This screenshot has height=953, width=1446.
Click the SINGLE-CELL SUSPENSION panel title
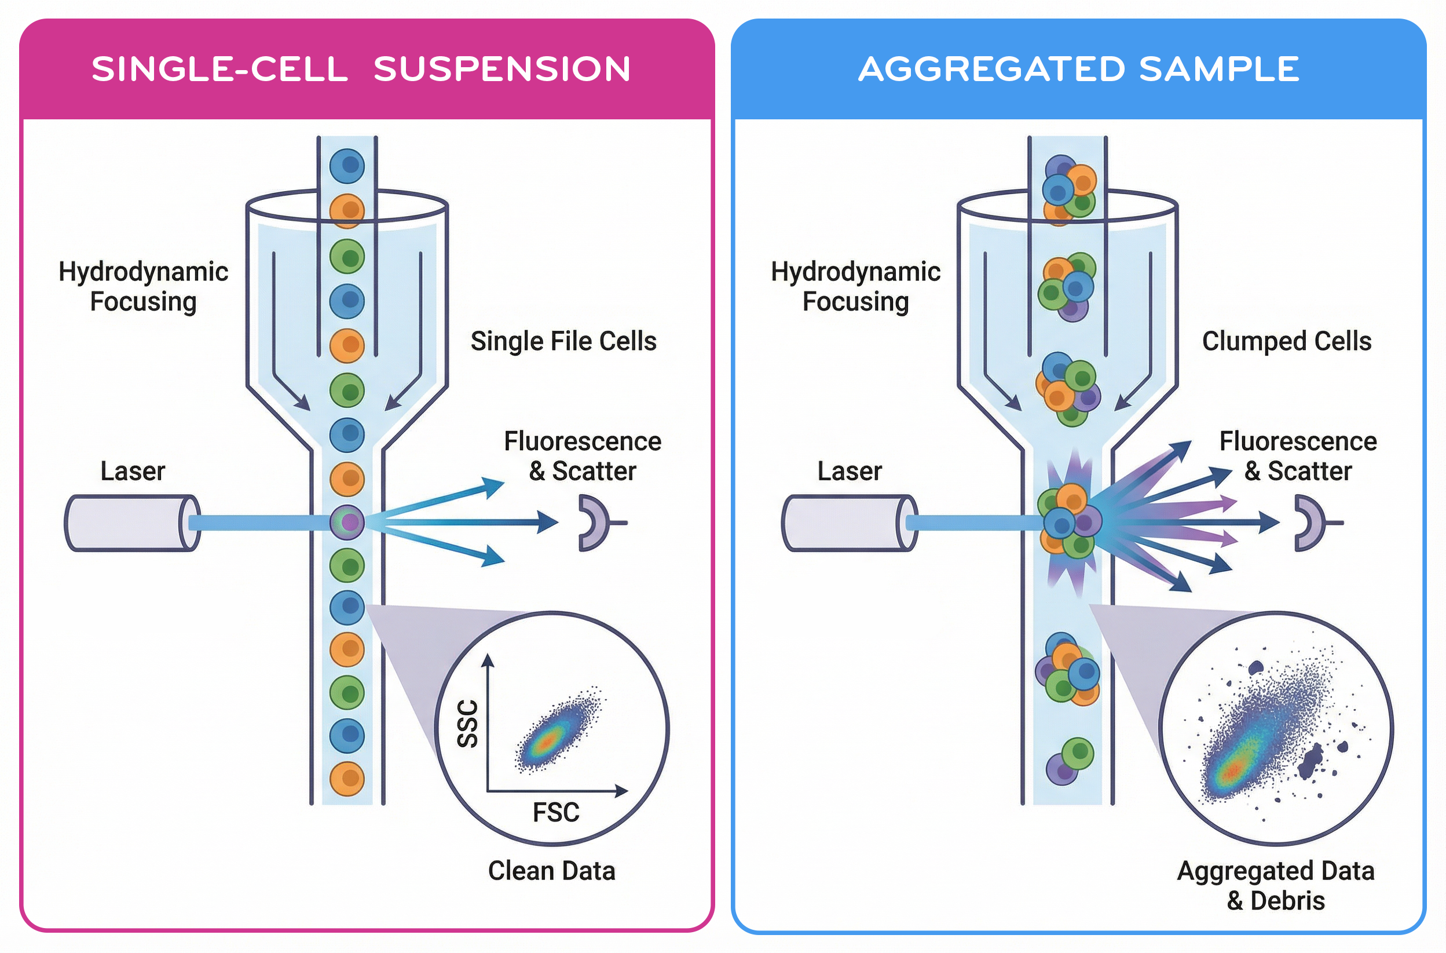[x=361, y=68]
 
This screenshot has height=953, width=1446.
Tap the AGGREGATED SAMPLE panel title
[x=1078, y=68]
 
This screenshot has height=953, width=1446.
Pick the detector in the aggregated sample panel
[x=1310, y=523]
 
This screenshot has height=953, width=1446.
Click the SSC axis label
[x=468, y=723]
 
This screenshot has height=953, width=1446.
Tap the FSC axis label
[x=556, y=812]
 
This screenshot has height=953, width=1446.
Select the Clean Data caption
[x=552, y=870]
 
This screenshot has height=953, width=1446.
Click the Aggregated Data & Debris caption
[x=1276, y=885]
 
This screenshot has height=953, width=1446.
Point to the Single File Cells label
[x=563, y=341]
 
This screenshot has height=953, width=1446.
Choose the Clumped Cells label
[x=1287, y=341]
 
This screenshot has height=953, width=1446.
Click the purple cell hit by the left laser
[x=347, y=521]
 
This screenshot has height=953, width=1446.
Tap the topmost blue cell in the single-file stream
[x=347, y=165]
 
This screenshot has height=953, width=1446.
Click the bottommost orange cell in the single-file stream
[x=347, y=779]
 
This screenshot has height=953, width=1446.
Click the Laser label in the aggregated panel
[x=850, y=471]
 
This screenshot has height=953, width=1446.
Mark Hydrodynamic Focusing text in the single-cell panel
[x=144, y=286]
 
